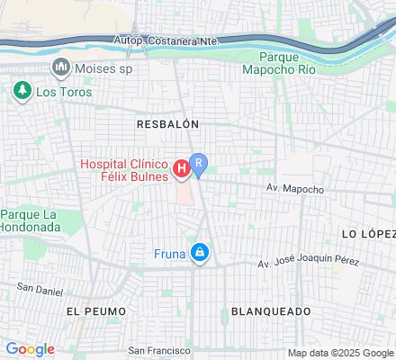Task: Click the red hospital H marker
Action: click(x=181, y=167)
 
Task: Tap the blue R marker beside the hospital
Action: click(x=200, y=163)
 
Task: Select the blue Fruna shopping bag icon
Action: click(x=200, y=255)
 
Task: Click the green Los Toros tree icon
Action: click(x=21, y=91)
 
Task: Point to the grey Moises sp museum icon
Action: click(x=61, y=67)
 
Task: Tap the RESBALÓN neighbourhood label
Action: click(x=167, y=123)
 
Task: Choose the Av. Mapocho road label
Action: click(x=294, y=190)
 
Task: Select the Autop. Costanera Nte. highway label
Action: click(x=167, y=40)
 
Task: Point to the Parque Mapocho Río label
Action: click(x=279, y=61)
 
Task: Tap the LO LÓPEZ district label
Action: click(x=368, y=233)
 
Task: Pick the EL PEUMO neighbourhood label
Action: click(x=92, y=310)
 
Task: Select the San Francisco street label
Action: click(x=160, y=350)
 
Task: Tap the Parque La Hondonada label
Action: click(x=29, y=220)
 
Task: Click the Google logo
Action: click(x=30, y=349)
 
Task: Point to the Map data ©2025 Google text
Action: click(x=340, y=353)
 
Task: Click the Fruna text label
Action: click(x=170, y=255)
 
